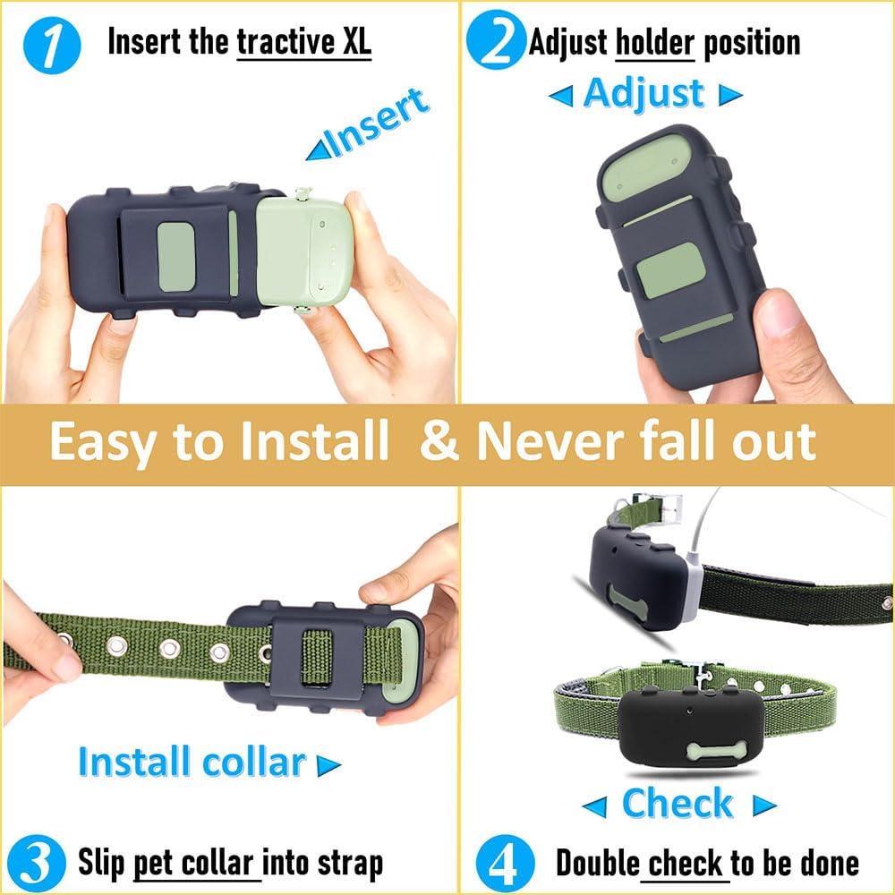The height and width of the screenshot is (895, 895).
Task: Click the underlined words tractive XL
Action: [303, 42]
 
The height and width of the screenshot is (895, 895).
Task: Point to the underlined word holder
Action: [655, 42]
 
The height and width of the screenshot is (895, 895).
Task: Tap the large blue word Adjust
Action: [644, 93]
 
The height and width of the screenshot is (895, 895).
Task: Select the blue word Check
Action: [677, 803]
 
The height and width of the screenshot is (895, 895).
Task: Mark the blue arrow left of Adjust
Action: [560, 95]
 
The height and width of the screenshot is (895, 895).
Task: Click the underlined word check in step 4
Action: [686, 863]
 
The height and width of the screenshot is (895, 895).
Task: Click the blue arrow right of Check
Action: [763, 805]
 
